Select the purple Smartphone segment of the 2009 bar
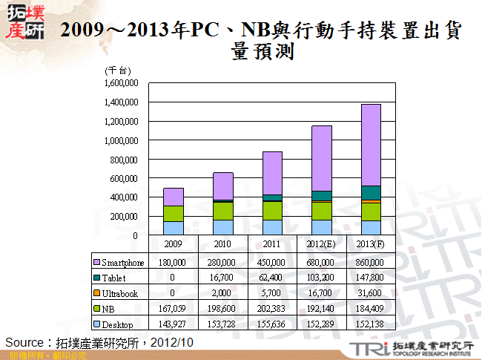click(x=173, y=197)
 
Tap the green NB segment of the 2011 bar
click(x=272, y=210)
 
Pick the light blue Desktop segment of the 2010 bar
click(x=222, y=227)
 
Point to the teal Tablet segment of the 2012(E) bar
click(x=321, y=195)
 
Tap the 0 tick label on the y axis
click(x=136, y=235)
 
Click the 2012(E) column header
click(x=322, y=243)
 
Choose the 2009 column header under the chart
click(x=173, y=243)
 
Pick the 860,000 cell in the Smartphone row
click(x=372, y=262)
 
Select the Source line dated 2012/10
click(x=99, y=342)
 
